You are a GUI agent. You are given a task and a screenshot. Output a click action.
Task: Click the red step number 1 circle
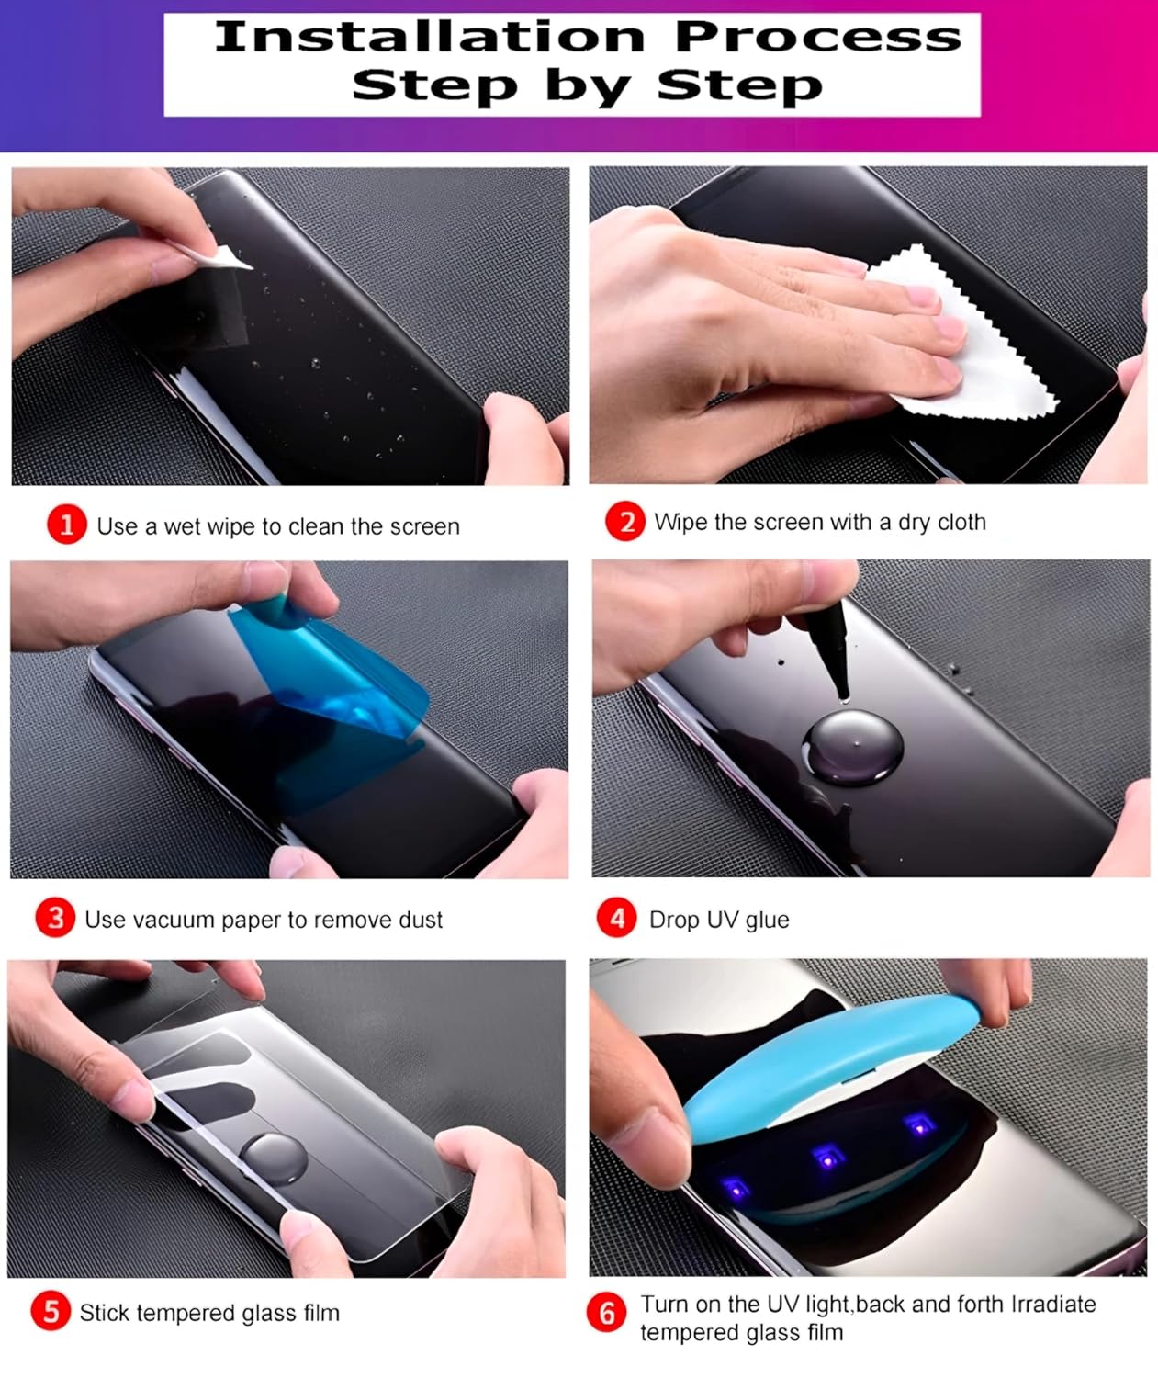coord(67,525)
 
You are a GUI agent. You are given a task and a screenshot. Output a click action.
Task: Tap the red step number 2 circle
coord(624,522)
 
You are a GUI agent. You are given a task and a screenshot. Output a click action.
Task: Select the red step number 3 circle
coord(55,918)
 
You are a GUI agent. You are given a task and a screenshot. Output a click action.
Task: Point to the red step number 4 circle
coord(616,918)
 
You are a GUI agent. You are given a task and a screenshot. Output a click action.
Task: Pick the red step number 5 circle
coord(51,1311)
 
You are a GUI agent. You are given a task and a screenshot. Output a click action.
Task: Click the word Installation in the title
coord(430,37)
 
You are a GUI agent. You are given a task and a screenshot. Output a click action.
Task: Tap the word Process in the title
coord(818,37)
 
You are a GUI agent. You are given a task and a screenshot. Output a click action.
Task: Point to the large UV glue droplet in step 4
coord(852,747)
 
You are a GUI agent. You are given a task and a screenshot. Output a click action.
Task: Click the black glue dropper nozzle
coord(830,650)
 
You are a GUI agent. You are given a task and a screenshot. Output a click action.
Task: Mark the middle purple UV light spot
coord(826,1157)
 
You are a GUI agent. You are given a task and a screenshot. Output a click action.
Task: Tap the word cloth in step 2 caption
coord(961,522)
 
